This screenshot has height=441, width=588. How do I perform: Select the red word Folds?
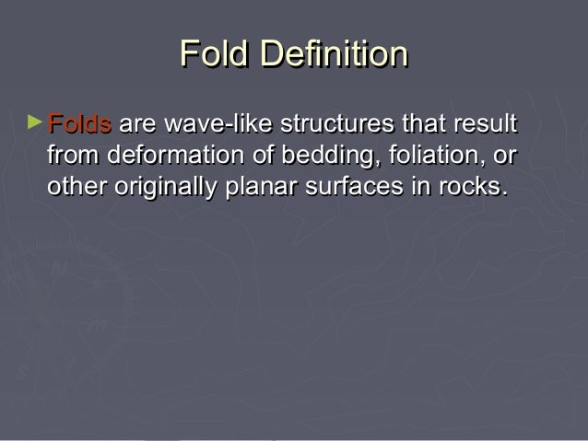click(x=79, y=123)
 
